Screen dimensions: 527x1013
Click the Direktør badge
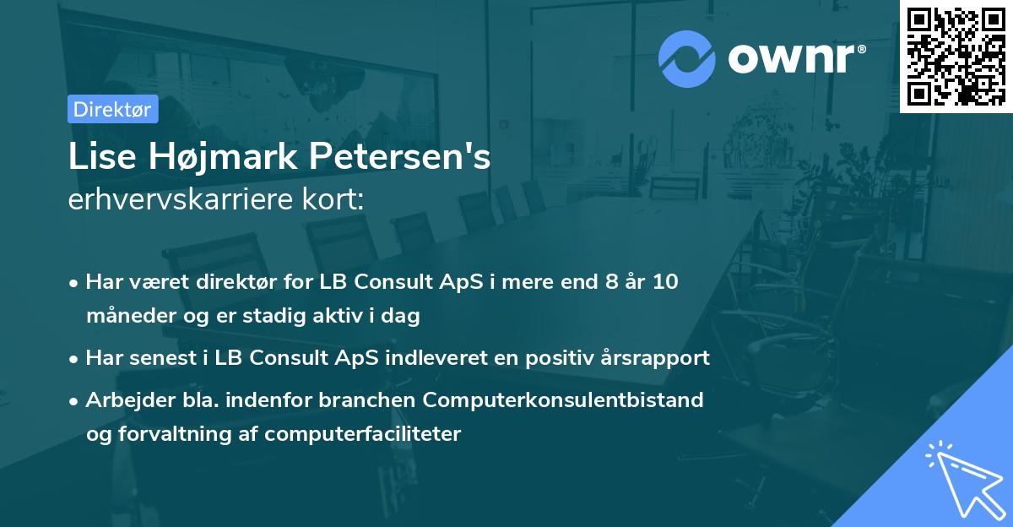(x=112, y=109)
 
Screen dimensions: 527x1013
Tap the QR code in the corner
(x=956, y=56)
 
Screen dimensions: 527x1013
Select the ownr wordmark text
(x=794, y=57)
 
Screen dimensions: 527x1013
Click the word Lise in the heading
(x=97, y=157)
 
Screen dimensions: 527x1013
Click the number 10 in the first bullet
(x=664, y=282)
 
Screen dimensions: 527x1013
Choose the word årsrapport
(x=658, y=358)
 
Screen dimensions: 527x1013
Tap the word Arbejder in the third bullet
(x=124, y=399)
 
